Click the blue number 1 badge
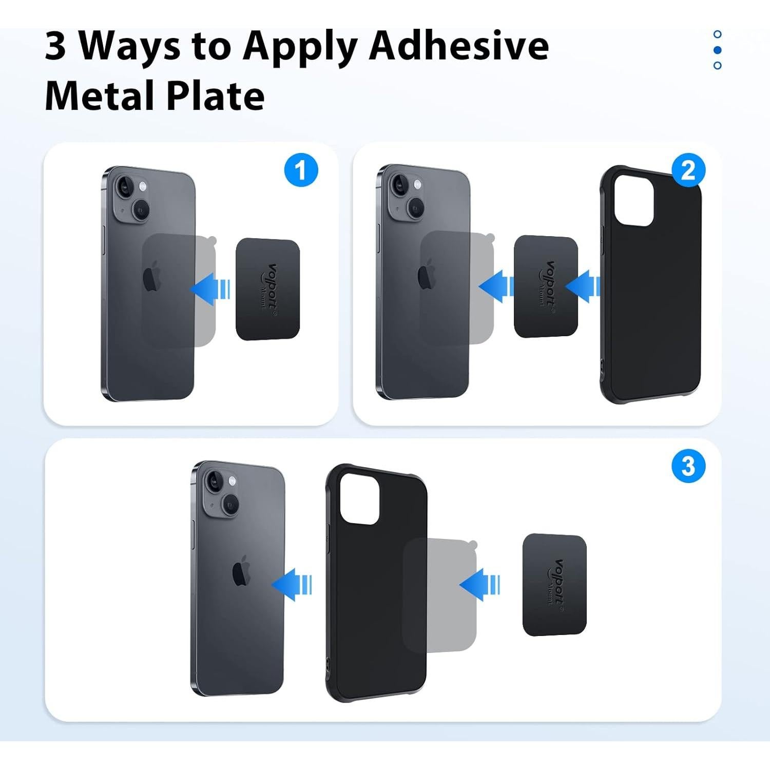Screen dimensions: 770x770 coord(301,170)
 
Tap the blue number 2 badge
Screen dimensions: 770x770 coord(688,170)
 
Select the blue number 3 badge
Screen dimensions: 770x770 coord(688,467)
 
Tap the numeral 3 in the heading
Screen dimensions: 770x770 coord(55,46)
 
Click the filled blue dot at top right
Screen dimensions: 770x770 coord(718,50)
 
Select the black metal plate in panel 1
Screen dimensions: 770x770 coord(267,289)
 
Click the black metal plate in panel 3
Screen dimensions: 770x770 coord(554,585)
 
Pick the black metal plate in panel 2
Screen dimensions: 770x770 coord(546,286)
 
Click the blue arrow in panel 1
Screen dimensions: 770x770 coord(210,289)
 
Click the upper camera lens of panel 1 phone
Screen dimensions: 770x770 coord(124,188)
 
